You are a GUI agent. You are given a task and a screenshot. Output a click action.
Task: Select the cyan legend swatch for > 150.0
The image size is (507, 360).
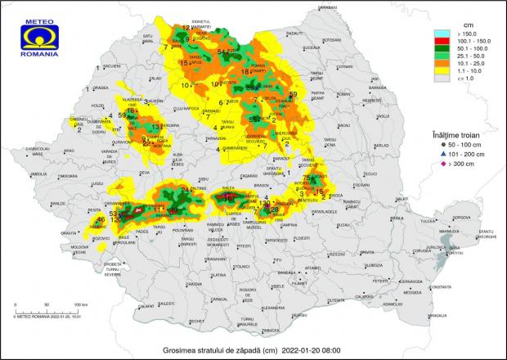click(442, 35)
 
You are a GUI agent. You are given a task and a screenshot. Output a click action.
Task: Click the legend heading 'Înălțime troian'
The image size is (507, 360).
click(462, 132)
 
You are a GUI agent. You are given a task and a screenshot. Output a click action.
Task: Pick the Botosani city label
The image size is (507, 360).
click(331, 39)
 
